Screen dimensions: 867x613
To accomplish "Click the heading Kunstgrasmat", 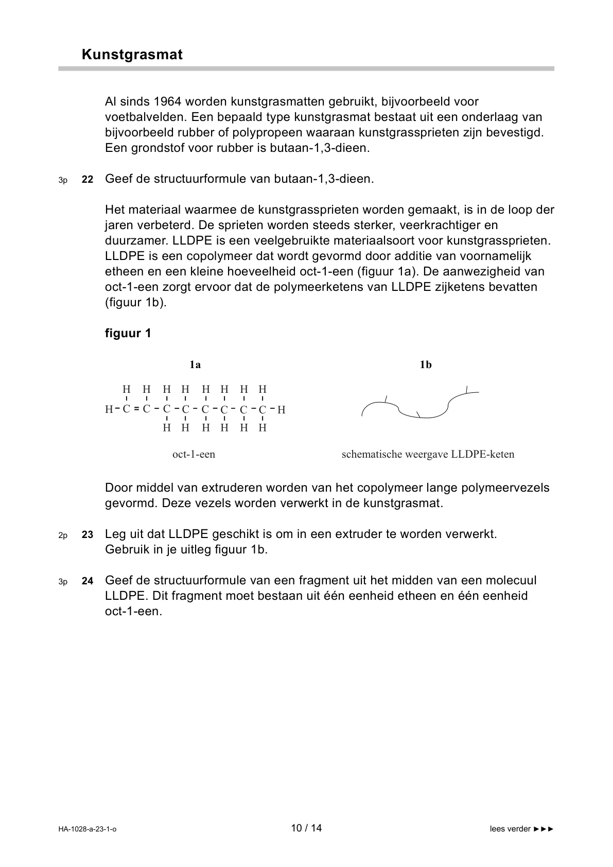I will click(132, 55).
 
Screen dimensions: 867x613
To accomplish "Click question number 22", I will click(87, 180).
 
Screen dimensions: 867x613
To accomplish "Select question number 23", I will click(87, 535).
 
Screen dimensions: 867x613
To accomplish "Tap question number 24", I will click(87, 581).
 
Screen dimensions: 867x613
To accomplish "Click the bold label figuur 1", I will click(128, 334).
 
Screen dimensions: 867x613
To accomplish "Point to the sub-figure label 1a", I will click(195, 365).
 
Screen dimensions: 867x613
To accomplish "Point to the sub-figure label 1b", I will click(426, 365).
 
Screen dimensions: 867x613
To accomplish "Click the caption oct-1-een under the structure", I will click(194, 455).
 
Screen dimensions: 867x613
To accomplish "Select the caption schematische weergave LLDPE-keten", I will click(428, 455).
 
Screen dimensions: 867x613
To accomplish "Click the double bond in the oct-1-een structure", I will click(136, 409).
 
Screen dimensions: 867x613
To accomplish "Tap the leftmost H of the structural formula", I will click(109, 410).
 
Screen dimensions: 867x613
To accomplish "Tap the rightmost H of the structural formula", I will click(281, 410).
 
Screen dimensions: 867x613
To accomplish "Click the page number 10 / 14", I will click(306, 828).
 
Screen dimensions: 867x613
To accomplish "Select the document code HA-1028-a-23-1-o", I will click(87, 829).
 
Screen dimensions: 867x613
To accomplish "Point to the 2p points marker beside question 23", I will click(63, 535).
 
